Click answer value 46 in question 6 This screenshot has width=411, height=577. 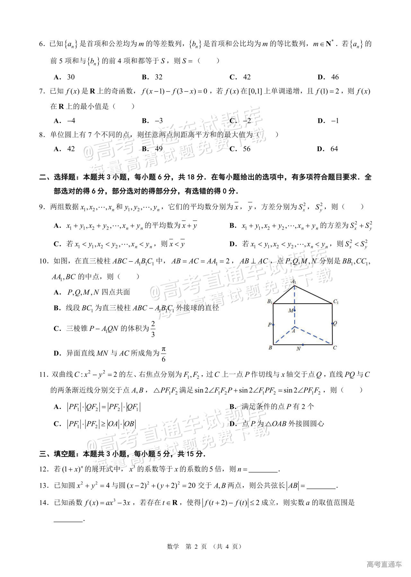(x=335, y=77)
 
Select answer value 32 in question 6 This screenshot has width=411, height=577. (x=159, y=77)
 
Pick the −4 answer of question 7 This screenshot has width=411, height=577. (x=71, y=121)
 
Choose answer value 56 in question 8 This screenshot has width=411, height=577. (x=247, y=149)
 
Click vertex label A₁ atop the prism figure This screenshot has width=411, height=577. (x=293, y=281)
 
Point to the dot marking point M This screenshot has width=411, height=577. (x=294, y=310)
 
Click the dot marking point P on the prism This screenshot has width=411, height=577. (x=273, y=324)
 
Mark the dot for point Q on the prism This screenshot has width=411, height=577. (x=332, y=323)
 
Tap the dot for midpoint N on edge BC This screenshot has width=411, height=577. (x=302, y=345)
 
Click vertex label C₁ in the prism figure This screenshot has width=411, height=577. (x=336, y=301)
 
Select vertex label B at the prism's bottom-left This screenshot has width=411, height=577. (x=270, y=348)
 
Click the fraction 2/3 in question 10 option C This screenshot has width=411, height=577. (x=153, y=329)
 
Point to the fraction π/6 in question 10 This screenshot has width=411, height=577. (x=163, y=354)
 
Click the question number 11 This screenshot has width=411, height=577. (x=43, y=375)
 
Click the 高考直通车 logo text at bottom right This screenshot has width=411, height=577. (x=384, y=564)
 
